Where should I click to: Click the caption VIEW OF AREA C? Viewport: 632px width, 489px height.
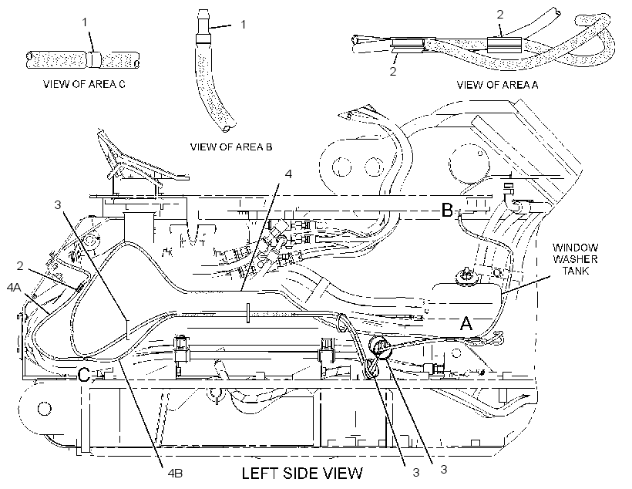click(x=84, y=84)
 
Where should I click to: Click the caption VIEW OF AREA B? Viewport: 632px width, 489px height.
click(x=231, y=147)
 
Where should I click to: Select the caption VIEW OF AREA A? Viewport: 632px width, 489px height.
click(x=497, y=85)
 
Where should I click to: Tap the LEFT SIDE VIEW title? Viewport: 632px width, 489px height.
click(x=302, y=473)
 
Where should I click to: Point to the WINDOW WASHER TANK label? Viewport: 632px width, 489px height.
click(x=575, y=258)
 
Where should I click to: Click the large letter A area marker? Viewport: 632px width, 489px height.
click(x=466, y=323)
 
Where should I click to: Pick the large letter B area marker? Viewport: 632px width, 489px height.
click(x=447, y=210)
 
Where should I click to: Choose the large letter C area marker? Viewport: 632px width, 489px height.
click(x=83, y=375)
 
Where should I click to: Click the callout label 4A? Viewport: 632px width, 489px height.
click(x=14, y=287)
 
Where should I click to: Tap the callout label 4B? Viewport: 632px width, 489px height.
click(x=175, y=473)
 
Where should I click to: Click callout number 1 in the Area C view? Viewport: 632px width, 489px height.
click(x=85, y=22)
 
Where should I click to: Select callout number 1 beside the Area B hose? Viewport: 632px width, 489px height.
click(x=243, y=25)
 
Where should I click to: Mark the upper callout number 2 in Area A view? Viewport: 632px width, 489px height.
click(x=500, y=15)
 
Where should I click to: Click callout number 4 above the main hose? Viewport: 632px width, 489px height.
click(x=287, y=174)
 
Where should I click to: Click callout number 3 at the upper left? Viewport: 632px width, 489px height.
click(x=58, y=205)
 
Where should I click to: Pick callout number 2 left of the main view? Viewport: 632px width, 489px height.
click(x=20, y=266)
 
